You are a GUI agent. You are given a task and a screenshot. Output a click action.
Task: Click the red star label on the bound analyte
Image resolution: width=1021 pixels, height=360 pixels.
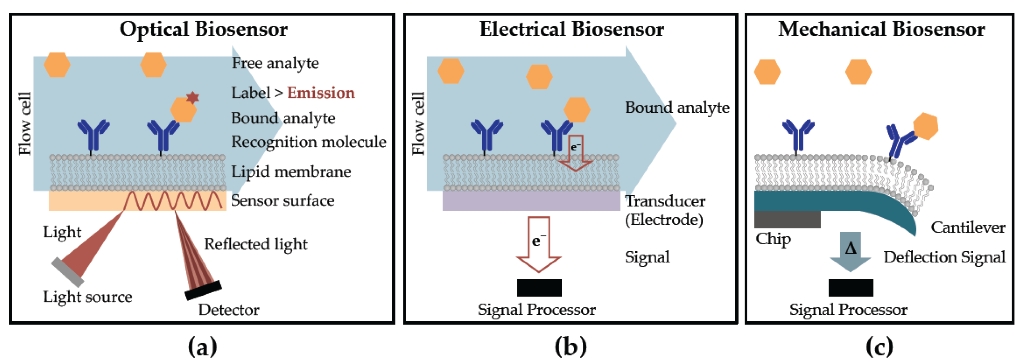[193, 97]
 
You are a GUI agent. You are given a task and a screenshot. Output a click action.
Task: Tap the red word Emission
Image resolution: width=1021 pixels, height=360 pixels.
[321, 93]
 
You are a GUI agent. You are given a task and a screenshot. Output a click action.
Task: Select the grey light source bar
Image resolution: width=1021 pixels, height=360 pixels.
[68, 272]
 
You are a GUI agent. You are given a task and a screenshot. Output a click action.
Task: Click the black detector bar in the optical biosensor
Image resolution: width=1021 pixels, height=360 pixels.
[203, 290]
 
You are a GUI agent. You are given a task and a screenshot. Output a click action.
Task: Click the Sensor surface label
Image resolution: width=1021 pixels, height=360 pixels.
[283, 200]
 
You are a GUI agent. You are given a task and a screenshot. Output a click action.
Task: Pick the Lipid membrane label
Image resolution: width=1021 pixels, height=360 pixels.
[291, 172]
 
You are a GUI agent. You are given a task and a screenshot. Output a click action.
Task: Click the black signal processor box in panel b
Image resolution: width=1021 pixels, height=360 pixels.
[539, 288]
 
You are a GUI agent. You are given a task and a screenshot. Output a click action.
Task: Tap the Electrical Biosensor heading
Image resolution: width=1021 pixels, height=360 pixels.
[572, 29]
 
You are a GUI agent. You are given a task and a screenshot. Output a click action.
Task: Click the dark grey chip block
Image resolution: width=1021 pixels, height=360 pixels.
[787, 219]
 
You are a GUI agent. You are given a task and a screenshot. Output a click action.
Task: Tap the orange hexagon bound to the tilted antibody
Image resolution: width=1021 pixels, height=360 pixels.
[926, 126]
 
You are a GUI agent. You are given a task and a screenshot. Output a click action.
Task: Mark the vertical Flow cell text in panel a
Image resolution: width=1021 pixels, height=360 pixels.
[25, 124]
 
